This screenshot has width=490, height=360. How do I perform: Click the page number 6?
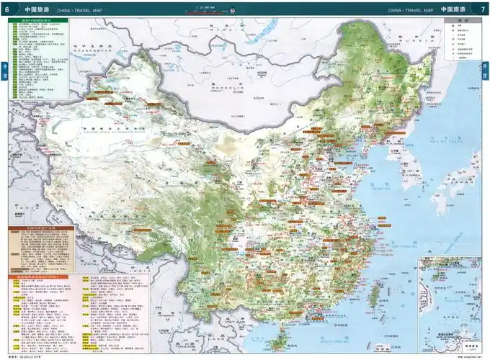coord(6,10)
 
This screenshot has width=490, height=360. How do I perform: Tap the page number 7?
coord(483,10)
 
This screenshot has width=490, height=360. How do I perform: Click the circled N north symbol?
coord(233,11)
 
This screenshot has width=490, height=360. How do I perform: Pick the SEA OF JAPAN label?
coord(455,146)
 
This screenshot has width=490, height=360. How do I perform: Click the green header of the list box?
coord(39,20)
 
